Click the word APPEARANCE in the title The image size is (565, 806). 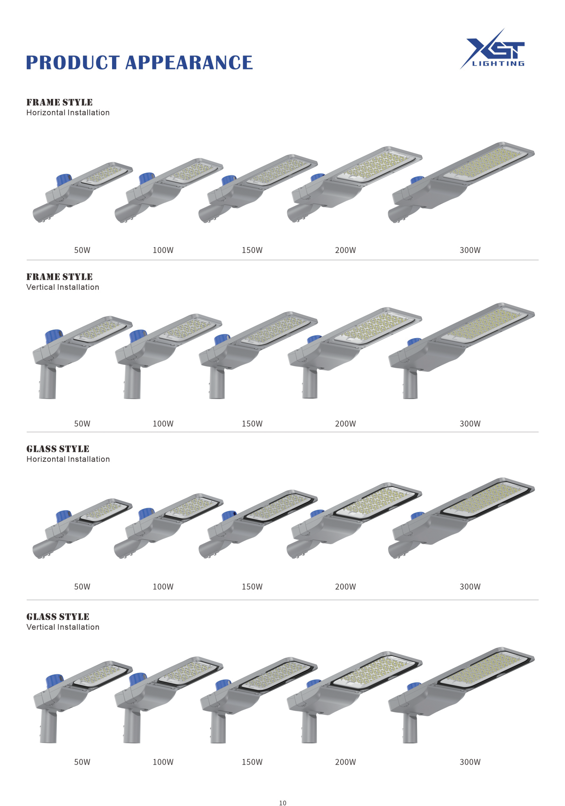tap(189, 63)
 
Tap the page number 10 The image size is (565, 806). tap(282, 802)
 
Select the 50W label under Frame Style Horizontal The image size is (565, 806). tap(82, 250)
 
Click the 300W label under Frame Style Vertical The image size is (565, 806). tap(470, 423)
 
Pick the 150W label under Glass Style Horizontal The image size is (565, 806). tap(252, 586)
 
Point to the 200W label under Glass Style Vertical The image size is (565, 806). tap(345, 762)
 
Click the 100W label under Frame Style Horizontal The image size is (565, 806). tap(163, 250)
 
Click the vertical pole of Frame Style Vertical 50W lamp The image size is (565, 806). tap(48, 383)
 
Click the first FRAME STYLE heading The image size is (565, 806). tap(59, 102)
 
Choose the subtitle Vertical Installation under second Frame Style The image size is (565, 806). tap(63, 287)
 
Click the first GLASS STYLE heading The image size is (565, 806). tap(58, 449)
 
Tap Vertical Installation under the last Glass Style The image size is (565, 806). tap(63, 627)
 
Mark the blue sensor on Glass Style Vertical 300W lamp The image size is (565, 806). tap(414, 686)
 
